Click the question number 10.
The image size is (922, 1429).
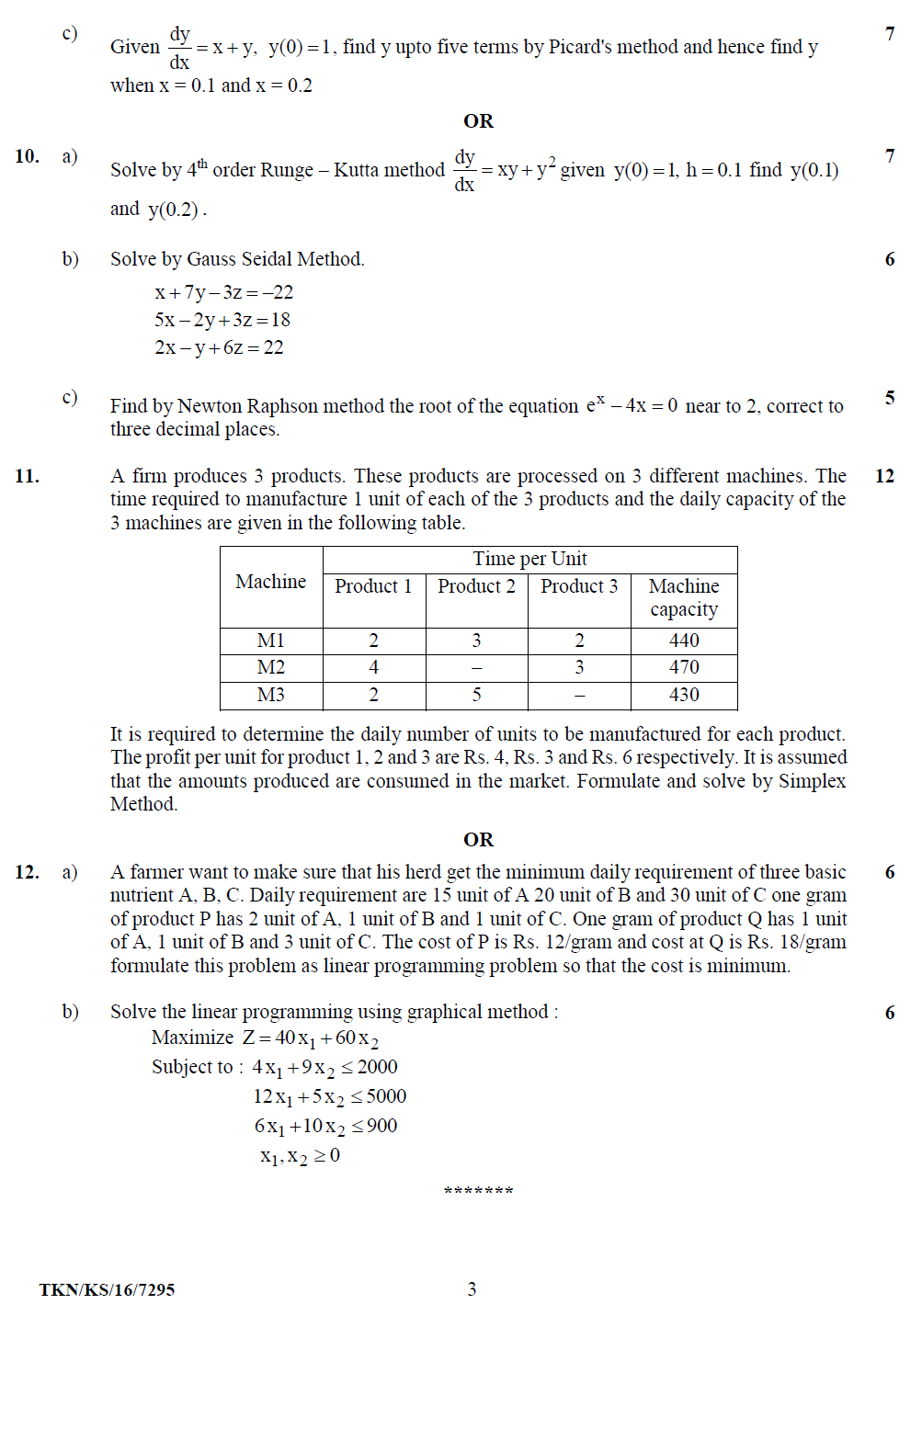pyautogui.click(x=27, y=156)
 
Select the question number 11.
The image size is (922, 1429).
pyautogui.click(x=27, y=476)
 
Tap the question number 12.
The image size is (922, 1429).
pyautogui.click(x=27, y=872)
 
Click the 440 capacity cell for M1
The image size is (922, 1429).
pyautogui.click(x=684, y=641)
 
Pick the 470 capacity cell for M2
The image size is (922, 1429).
pyautogui.click(x=684, y=667)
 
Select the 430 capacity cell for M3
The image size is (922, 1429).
pyautogui.click(x=684, y=695)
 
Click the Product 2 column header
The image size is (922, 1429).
pyautogui.click(x=476, y=586)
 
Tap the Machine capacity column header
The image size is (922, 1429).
pyautogui.click(x=684, y=597)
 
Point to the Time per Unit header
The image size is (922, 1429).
pyautogui.click(x=529, y=559)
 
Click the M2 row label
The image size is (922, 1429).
pyautogui.click(x=270, y=667)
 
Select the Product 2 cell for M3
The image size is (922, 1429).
pyautogui.click(x=476, y=695)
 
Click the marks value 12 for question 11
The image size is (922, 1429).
pyautogui.click(x=884, y=476)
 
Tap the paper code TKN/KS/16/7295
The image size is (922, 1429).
pyautogui.click(x=107, y=1289)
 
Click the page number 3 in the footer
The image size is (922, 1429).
pyautogui.click(x=472, y=1289)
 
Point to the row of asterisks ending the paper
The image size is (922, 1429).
pyautogui.click(x=478, y=1192)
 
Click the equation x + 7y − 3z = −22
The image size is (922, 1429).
pyautogui.click(x=223, y=292)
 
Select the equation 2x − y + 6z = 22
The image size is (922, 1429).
pyautogui.click(x=219, y=347)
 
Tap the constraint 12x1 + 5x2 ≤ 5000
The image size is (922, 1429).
pyautogui.click(x=329, y=1096)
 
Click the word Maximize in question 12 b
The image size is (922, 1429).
pyautogui.click(x=192, y=1038)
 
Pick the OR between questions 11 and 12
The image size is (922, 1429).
pyautogui.click(x=478, y=840)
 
